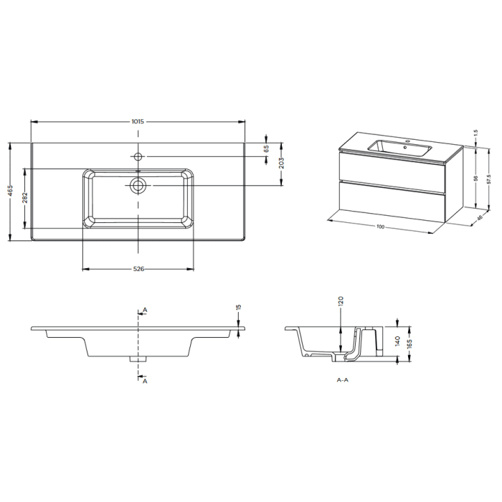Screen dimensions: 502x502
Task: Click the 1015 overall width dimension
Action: pyautogui.click(x=138, y=121)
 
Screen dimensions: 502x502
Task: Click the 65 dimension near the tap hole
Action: pyautogui.click(x=265, y=148)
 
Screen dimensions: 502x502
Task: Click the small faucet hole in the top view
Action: pyautogui.click(x=138, y=156)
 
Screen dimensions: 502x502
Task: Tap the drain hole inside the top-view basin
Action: pyautogui.click(x=138, y=185)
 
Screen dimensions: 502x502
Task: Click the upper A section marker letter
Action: pyautogui.click(x=145, y=310)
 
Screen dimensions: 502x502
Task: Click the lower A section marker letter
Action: pyautogui.click(x=145, y=381)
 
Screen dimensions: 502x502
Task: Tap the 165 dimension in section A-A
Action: pyautogui.click(x=409, y=345)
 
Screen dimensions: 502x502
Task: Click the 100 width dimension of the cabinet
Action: pyautogui.click(x=381, y=227)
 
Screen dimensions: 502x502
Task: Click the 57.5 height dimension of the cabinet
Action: pyautogui.click(x=488, y=178)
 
